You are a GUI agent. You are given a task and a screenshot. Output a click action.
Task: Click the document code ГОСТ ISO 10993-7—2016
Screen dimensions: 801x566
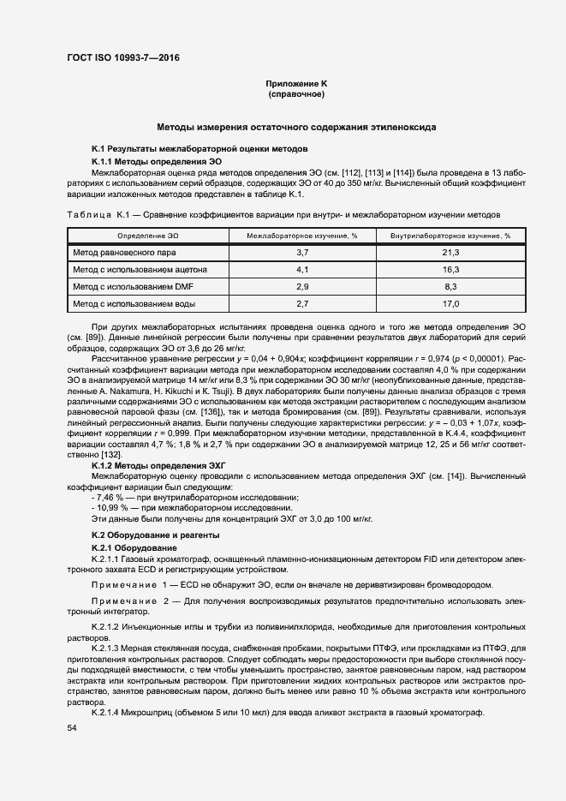(x=123, y=58)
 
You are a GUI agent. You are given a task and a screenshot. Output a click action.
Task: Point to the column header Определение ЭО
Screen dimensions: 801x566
(x=148, y=235)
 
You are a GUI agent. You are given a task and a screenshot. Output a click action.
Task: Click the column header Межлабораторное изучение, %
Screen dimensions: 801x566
(x=301, y=235)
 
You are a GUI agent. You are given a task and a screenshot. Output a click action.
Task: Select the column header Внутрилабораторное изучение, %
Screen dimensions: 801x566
(x=450, y=235)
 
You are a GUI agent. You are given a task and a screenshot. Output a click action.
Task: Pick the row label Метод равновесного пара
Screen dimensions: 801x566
(x=126, y=253)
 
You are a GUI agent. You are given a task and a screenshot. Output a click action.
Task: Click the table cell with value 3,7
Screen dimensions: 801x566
(x=301, y=253)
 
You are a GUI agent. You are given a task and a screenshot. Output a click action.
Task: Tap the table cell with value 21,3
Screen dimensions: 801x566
(x=450, y=253)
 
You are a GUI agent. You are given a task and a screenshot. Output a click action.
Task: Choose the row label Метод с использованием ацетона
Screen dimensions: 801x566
(x=140, y=270)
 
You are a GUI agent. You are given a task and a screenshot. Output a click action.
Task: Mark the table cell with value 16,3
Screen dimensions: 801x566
(x=450, y=270)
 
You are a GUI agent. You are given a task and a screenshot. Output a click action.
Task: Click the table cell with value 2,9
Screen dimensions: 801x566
(x=301, y=287)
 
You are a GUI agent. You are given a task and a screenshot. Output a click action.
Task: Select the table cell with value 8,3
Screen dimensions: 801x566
(x=450, y=287)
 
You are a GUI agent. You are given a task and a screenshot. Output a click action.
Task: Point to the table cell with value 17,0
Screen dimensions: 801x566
(x=450, y=304)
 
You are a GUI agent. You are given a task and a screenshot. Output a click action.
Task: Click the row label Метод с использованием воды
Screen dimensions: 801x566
(x=134, y=304)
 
